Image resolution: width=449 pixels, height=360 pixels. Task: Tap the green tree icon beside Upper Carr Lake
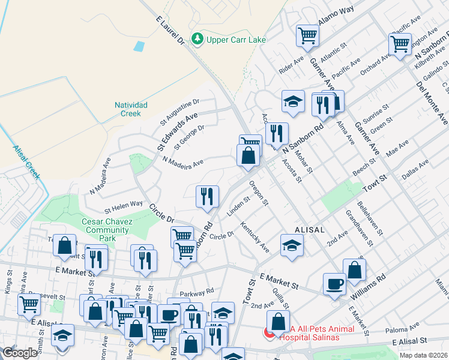click(x=197, y=40)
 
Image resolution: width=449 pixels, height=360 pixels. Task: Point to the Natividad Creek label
click(x=127, y=109)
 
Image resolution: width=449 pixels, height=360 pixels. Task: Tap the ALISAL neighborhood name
click(x=310, y=230)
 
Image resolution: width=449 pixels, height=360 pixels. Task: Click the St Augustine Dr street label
click(x=179, y=112)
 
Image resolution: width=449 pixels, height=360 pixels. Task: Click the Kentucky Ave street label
click(x=255, y=237)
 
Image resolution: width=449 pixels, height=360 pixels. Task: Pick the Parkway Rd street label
click(x=200, y=292)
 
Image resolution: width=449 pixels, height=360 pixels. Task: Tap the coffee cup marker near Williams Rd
click(x=334, y=284)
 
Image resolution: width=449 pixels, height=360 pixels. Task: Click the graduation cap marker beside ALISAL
click(x=292, y=246)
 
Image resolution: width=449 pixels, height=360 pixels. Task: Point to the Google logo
click(x=20, y=353)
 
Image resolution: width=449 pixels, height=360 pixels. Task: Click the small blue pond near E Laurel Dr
click(x=140, y=46)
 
